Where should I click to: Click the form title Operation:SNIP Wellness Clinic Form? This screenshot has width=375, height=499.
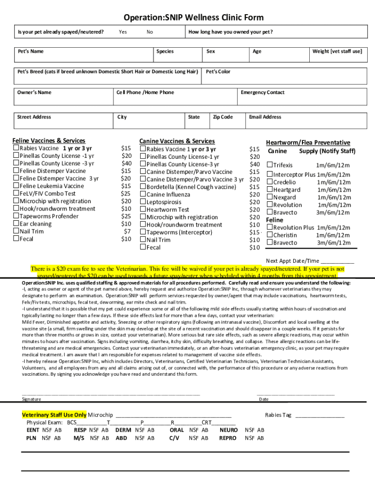point(194,18)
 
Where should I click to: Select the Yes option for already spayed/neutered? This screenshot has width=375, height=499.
point(123,32)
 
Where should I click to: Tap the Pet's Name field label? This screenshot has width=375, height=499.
point(31,51)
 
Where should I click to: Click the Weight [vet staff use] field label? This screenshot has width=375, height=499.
point(337,51)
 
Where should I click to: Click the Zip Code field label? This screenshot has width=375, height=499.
point(223,117)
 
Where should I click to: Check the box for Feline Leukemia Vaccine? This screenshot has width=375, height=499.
point(16,186)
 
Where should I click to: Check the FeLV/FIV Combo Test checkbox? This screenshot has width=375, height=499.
point(16,193)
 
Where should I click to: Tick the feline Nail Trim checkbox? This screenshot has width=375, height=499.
point(16,231)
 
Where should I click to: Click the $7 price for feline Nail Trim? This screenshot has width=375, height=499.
point(127,231)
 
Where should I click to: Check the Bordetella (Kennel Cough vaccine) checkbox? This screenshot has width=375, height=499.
point(143,187)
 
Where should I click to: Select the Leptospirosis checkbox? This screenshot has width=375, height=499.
point(143,202)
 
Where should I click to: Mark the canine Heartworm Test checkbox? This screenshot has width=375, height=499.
point(143,210)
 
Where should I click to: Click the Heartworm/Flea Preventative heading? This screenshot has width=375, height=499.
point(308,143)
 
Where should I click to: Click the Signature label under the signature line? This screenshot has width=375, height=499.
point(32,399)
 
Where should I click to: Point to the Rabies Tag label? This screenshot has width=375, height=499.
point(278,415)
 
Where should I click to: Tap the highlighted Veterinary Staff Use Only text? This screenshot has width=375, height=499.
point(55,415)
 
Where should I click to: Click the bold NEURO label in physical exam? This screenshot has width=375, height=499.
point(228,430)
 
